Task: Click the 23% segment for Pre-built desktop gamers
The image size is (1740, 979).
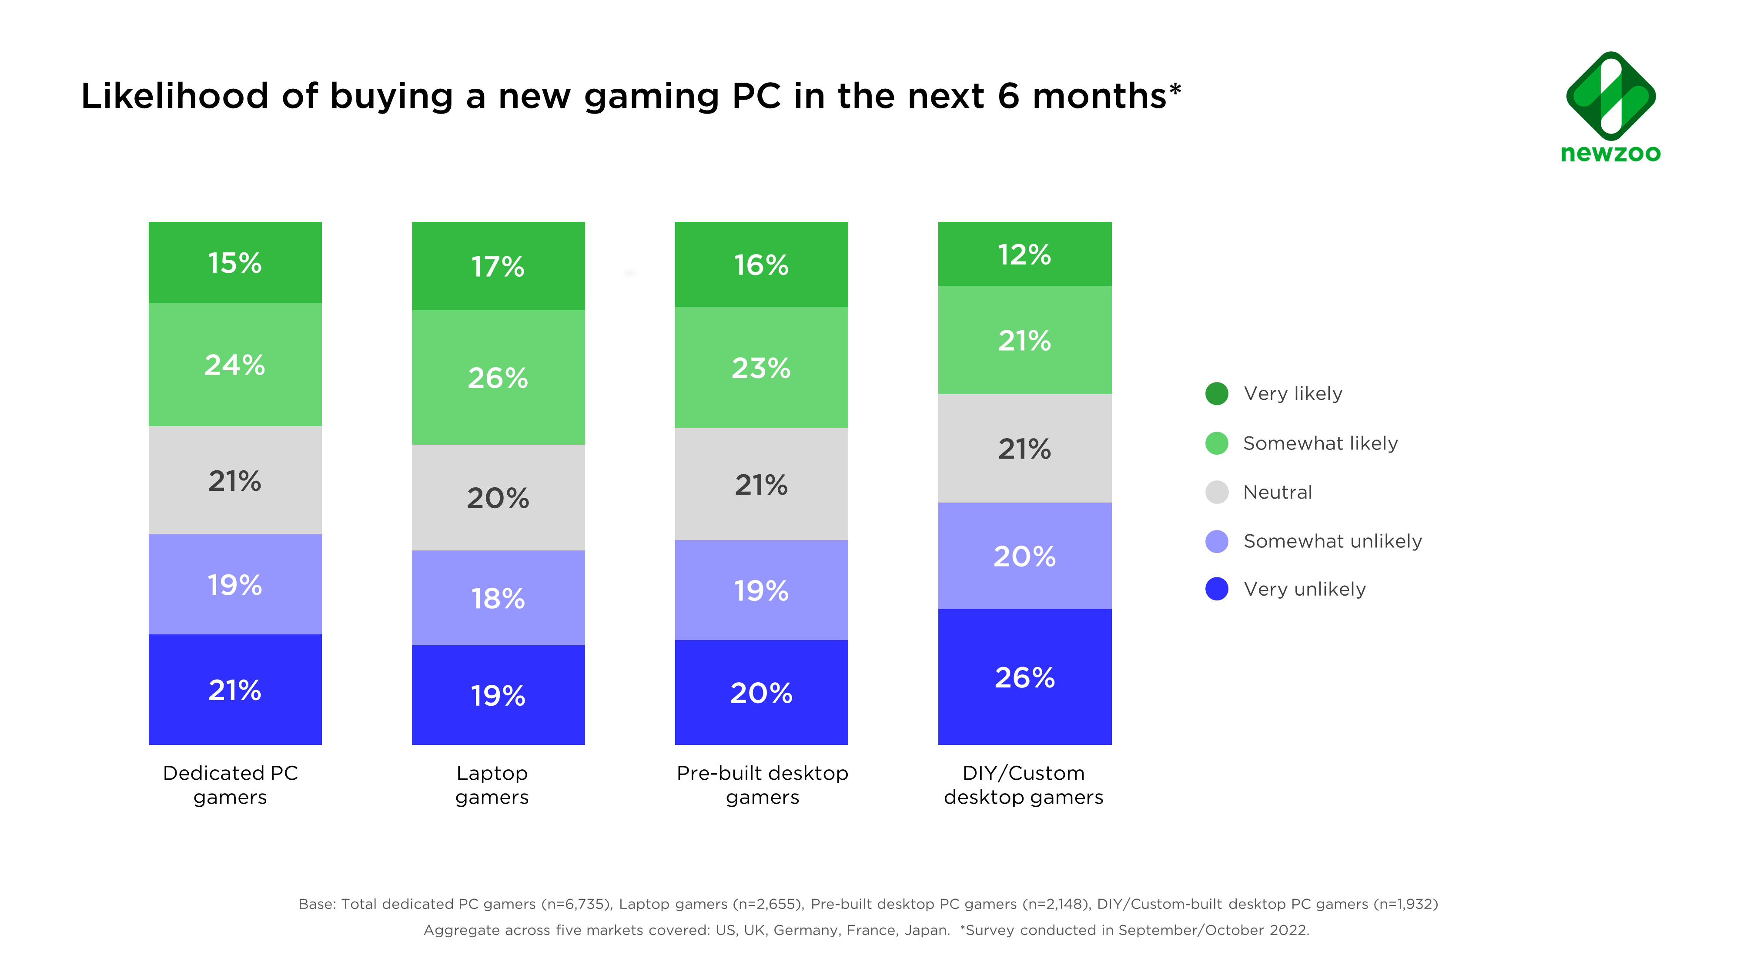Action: (761, 368)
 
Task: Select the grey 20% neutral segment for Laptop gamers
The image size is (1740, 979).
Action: (498, 498)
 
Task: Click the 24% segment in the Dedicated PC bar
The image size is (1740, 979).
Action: (235, 365)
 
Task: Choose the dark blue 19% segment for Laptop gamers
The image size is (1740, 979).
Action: (498, 695)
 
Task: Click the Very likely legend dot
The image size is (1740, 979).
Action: (1217, 394)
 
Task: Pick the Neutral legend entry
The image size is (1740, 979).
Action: (1277, 492)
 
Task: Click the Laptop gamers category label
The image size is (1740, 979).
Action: (492, 785)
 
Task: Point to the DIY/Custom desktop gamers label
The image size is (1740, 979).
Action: (1023, 785)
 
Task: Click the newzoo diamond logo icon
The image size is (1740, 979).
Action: (1610, 96)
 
